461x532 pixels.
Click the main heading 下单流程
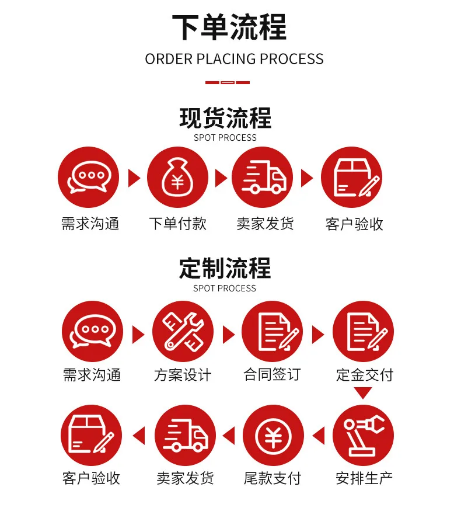click(229, 27)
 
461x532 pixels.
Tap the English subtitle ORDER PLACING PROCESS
click(234, 59)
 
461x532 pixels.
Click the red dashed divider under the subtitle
click(228, 82)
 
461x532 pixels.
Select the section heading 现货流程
click(225, 118)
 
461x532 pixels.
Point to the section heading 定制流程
click(225, 268)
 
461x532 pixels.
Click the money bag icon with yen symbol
click(177, 177)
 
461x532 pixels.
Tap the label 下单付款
click(178, 224)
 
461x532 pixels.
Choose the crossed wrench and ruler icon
click(183, 331)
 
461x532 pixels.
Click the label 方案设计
click(183, 375)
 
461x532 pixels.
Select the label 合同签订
click(272, 374)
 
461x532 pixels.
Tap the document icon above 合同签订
click(272, 331)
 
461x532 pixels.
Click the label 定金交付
click(365, 375)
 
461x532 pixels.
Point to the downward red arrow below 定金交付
click(363, 392)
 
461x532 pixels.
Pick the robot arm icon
click(363, 435)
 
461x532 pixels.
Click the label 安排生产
click(364, 478)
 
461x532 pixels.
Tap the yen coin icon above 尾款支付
click(273, 435)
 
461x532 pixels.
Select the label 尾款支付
click(273, 478)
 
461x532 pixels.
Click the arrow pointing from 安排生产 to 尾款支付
click(319, 436)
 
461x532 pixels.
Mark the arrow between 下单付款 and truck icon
click(221, 178)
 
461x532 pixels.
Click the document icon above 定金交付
click(363, 331)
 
